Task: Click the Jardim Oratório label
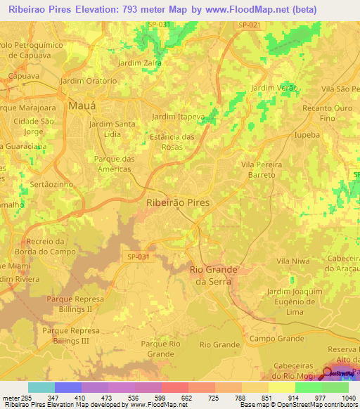pyautogui.click(x=89, y=81)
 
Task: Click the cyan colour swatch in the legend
pyautogui.click(x=41, y=387)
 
